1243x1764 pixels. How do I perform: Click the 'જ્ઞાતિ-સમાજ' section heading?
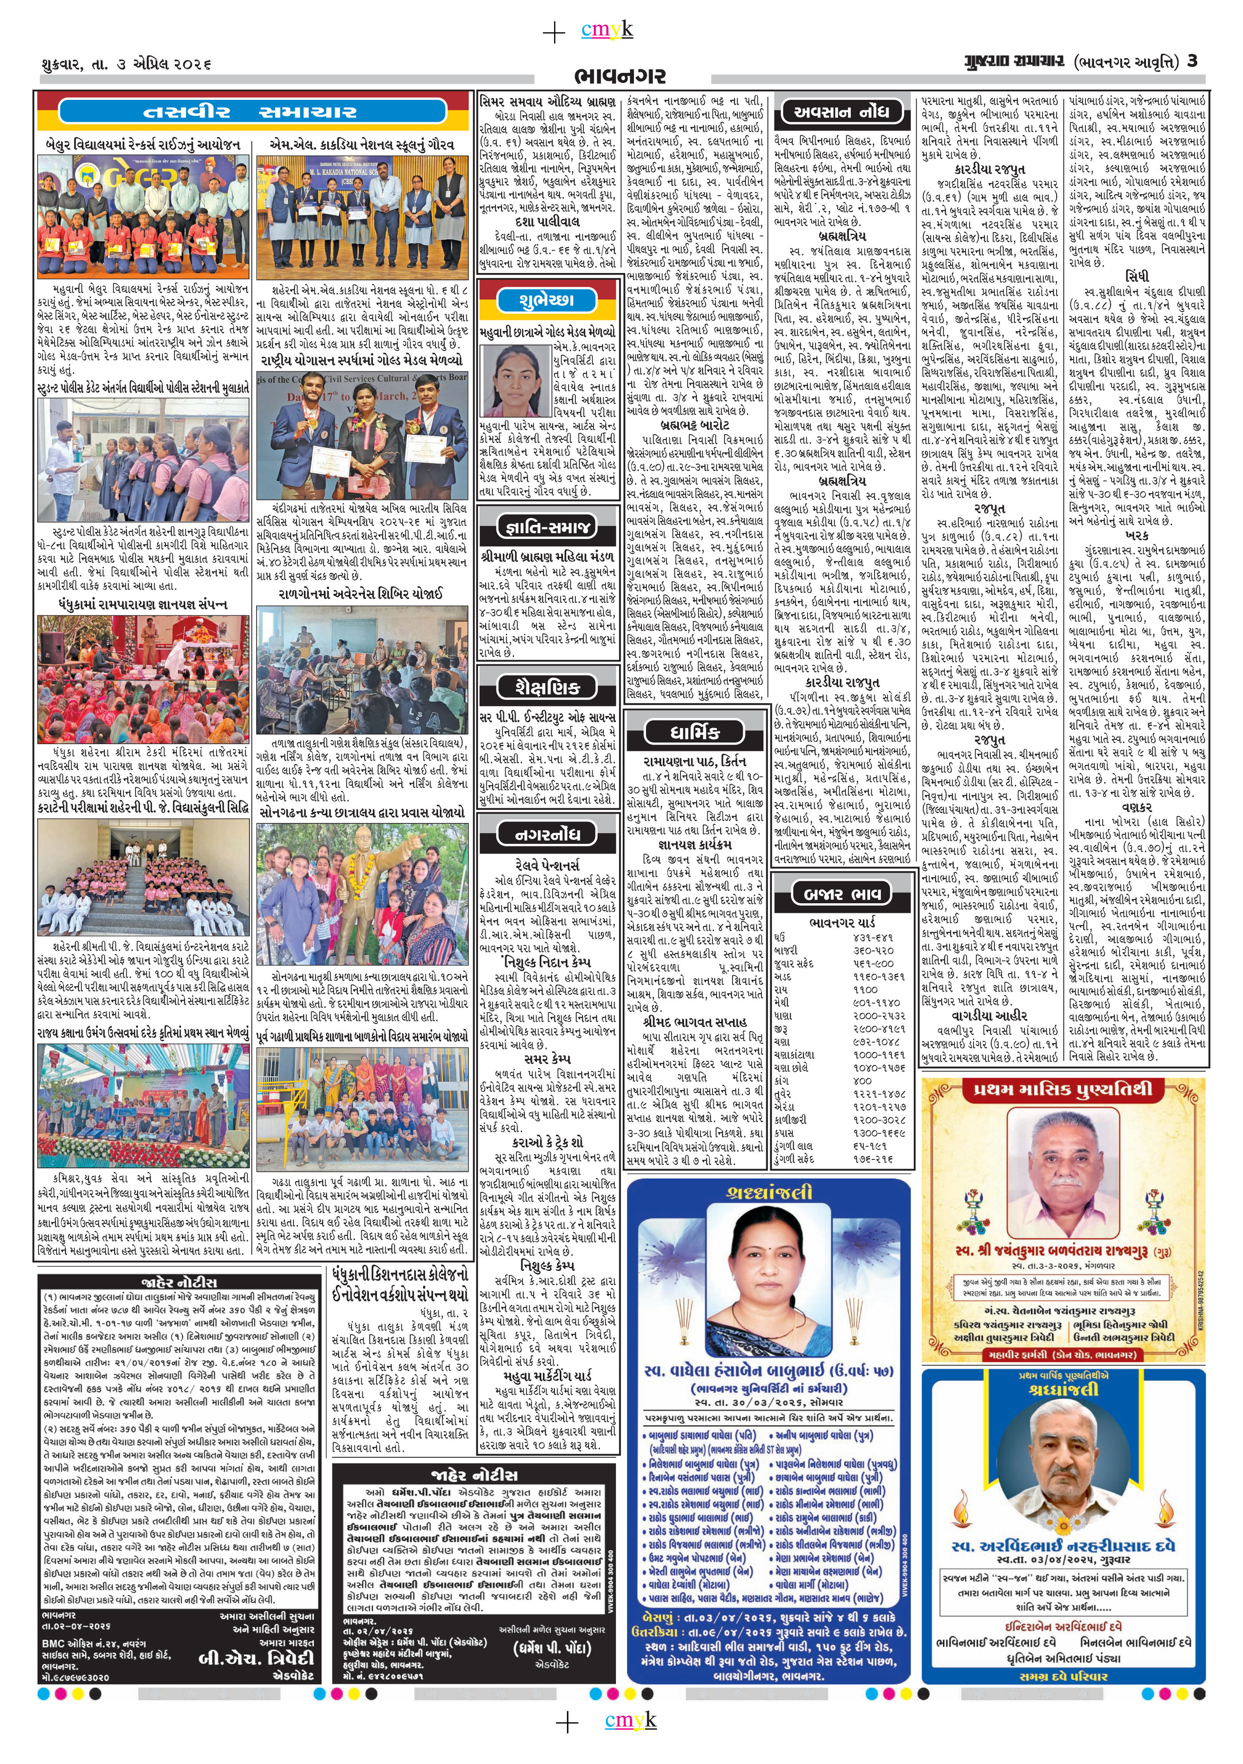click(547, 527)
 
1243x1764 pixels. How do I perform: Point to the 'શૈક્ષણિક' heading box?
click(547, 687)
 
